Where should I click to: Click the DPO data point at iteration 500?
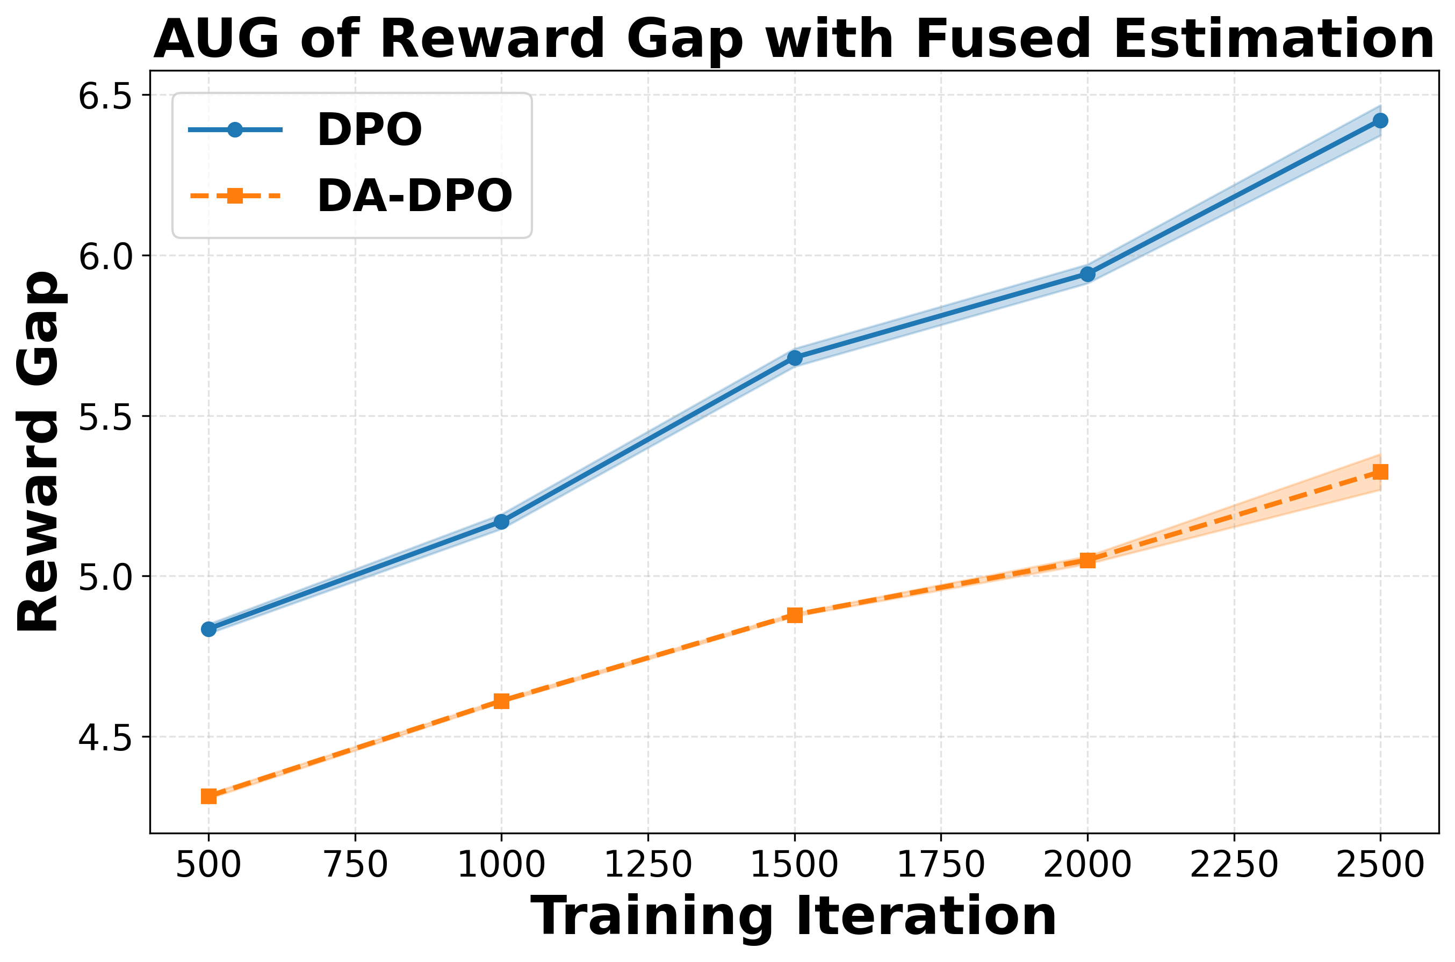(x=208, y=629)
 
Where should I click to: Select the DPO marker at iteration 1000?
(x=501, y=522)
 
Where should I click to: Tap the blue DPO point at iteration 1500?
(x=795, y=358)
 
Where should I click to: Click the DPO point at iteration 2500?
(x=1380, y=120)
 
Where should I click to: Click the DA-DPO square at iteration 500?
(x=208, y=797)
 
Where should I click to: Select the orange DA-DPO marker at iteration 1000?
(x=501, y=700)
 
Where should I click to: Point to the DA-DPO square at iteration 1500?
(x=795, y=615)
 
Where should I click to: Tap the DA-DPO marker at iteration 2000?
(x=1087, y=560)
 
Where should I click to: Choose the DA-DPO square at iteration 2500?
(x=1380, y=472)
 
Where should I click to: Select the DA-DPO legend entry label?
(x=414, y=197)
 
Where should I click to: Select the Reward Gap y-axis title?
(x=38, y=451)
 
